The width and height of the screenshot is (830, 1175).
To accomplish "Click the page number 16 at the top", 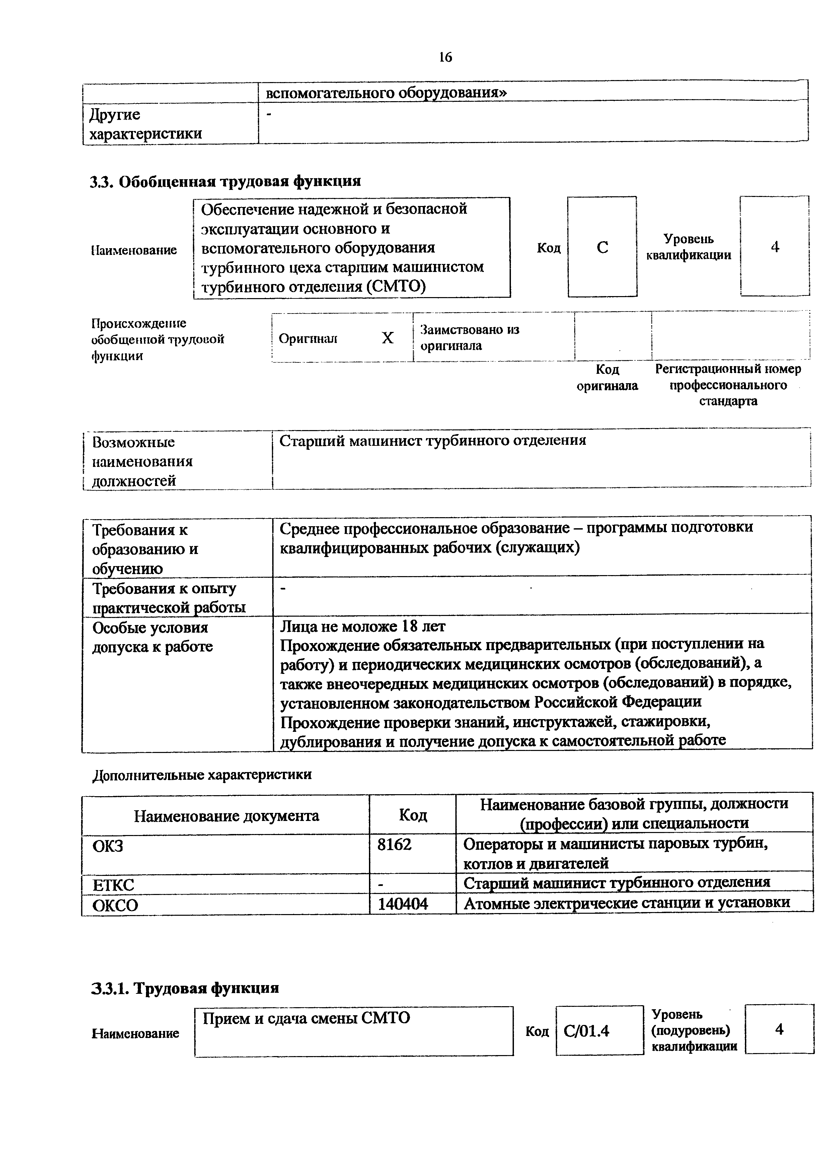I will coord(445,57).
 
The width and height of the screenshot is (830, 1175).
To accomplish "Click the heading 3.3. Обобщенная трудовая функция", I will coord(225,181).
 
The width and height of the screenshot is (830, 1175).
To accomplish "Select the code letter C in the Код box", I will coord(602,248).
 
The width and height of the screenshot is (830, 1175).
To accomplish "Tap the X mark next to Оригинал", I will coord(388,338).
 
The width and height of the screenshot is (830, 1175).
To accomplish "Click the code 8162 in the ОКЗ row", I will coord(394,845).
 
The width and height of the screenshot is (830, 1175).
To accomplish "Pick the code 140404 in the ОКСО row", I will coord(402,904).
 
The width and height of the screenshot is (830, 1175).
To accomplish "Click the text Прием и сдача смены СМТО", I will coord(306,1018).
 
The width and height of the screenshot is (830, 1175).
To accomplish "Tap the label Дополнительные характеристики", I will coord(202,775).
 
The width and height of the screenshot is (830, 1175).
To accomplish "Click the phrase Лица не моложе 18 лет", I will coord(363,626).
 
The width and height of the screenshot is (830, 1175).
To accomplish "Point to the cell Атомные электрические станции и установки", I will coord(626,903).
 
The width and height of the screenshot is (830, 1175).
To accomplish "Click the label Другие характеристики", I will coord(145,124).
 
